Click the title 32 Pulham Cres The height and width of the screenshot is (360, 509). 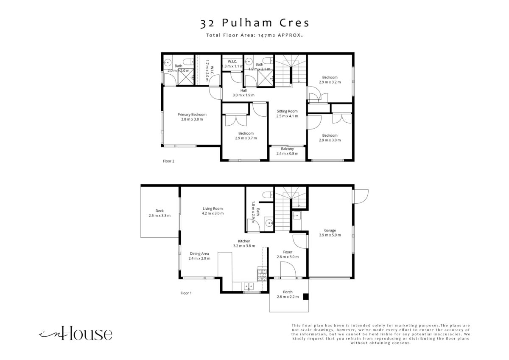[x=255, y=23]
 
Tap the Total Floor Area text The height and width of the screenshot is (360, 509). [x=255, y=35]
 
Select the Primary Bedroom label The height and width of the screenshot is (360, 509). [x=192, y=115]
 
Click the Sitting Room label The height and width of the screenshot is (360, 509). [x=287, y=111]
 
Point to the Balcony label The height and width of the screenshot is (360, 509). [x=288, y=149]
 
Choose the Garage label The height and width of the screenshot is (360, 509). [x=330, y=231]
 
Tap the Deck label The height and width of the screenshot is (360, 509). [x=159, y=211]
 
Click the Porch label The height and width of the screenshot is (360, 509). [x=288, y=292]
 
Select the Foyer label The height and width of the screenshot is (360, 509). [x=288, y=252]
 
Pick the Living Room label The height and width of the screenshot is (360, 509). [x=213, y=208]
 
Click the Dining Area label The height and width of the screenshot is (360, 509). [x=199, y=253]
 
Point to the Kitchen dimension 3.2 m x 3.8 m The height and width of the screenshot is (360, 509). [x=244, y=246]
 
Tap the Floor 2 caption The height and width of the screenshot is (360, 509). [x=169, y=161]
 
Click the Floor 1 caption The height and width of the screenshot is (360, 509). [x=186, y=293]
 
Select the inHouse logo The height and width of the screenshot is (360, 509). [x=76, y=333]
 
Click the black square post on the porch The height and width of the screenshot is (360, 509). [x=306, y=297]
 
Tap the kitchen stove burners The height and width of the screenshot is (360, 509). [x=262, y=275]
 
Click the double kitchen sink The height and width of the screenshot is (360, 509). [x=249, y=286]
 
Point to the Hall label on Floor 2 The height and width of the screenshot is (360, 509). [x=243, y=90]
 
